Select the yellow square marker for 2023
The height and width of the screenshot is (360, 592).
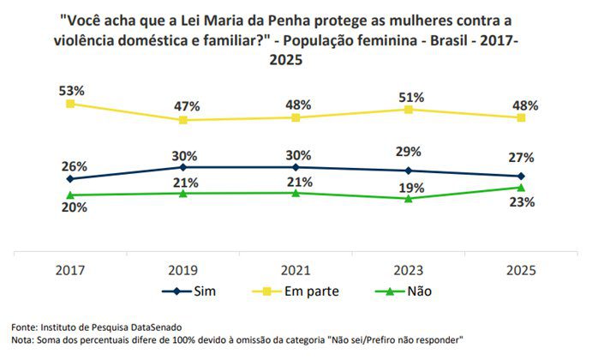[410, 110]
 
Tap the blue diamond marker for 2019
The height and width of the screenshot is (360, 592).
[183, 167]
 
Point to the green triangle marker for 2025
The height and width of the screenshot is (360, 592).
[522, 187]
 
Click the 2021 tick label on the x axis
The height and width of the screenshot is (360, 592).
[296, 269]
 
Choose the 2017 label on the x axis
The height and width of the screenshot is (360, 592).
[70, 269]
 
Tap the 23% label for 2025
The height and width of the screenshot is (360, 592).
[522, 203]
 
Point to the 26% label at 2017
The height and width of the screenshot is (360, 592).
[72, 165]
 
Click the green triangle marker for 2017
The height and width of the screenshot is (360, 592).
[70, 195]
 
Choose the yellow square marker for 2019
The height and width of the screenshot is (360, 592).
[183, 120]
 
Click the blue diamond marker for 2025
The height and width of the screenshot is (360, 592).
[522, 176]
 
